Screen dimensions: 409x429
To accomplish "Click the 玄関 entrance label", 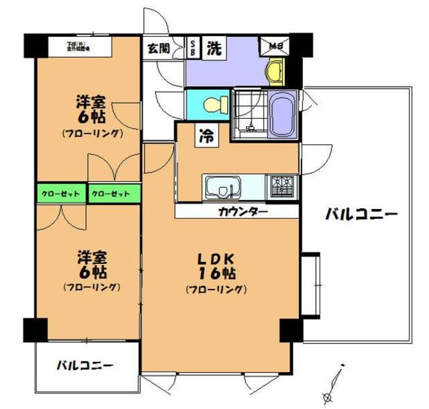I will point(159,48).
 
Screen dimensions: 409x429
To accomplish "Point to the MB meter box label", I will point(276,46).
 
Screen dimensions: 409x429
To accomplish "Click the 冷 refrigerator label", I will point(205,136).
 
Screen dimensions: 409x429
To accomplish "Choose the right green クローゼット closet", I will point(114,194).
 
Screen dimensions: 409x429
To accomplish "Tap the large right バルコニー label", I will point(362,215).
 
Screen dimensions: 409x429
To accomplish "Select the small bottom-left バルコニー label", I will point(84,366).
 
